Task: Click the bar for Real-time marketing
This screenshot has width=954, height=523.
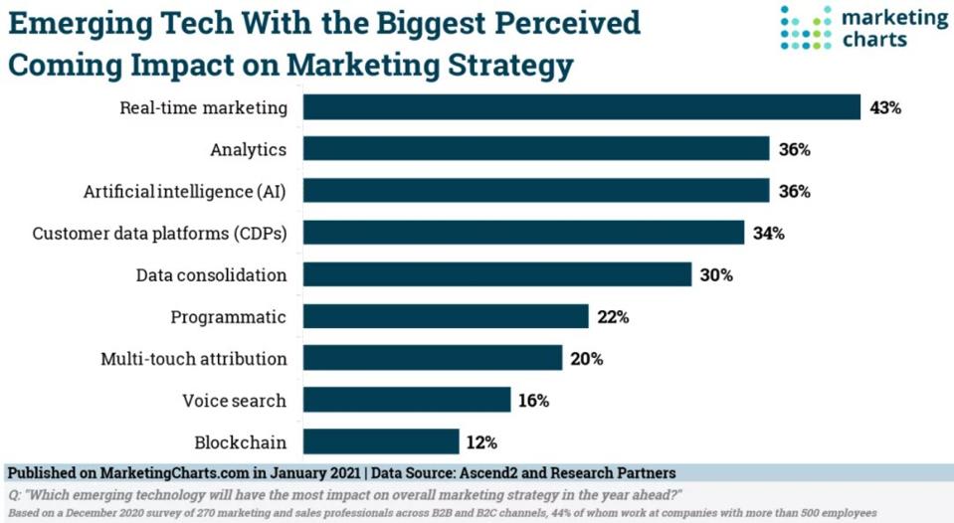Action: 581,107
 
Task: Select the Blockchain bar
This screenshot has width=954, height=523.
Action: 381,441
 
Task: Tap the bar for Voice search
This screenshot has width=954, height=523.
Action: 407,400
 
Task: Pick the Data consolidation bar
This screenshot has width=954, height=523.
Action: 496,274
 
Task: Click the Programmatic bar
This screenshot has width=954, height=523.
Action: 446,316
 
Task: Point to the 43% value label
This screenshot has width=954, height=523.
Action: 884,107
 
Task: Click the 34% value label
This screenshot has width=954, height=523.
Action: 768,234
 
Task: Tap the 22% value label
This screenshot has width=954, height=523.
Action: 612,317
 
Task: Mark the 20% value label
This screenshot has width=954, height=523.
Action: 586,359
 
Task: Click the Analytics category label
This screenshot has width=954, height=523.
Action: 248,150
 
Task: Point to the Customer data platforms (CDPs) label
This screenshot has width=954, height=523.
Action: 159,234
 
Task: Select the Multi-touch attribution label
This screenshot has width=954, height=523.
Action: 193,359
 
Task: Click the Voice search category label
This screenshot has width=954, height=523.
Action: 234,401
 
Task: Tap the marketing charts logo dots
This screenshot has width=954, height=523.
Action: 804,27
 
